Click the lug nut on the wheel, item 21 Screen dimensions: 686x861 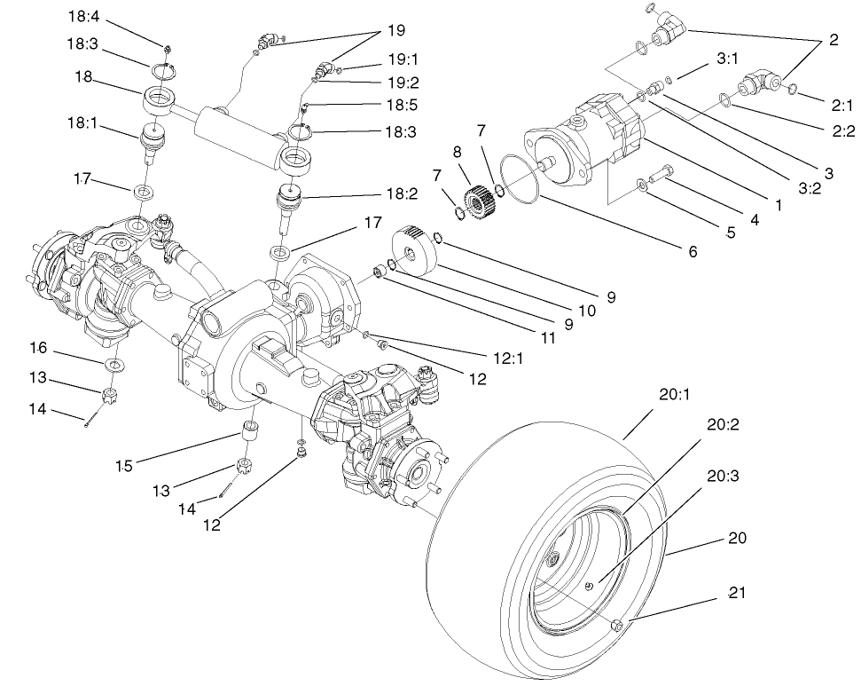pos(618,627)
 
